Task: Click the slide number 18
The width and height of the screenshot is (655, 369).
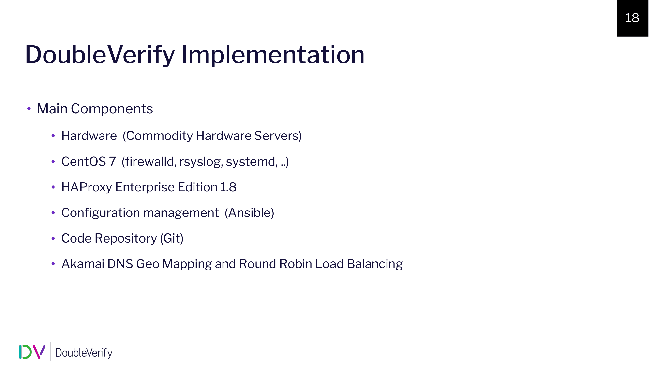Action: point(632,18)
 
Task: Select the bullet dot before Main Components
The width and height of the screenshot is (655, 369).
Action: point(29,109)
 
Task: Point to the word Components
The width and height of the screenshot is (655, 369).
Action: point(112,109)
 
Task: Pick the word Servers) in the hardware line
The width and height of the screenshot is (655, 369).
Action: point(278,136)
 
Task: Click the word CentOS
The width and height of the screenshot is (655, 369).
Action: point(84,162)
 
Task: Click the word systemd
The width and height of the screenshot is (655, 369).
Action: point(252,162)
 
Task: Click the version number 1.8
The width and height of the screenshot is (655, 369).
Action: point(228,187)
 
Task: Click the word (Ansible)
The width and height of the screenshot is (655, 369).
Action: point(250,213)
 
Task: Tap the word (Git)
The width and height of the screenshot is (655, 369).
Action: point(172,238)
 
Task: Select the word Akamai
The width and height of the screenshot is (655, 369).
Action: point(83,264)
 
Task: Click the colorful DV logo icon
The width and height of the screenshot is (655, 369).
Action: point(32,352)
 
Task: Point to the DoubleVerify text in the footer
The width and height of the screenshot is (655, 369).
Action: point(84,353)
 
